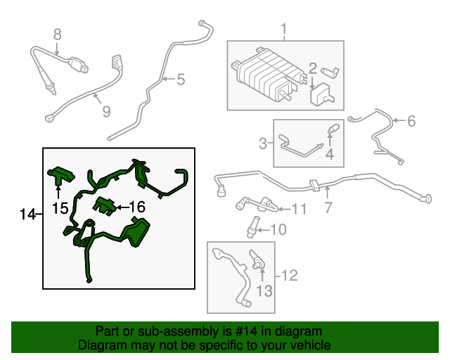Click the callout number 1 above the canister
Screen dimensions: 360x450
pos(285,30)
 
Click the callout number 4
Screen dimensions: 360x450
pos(328,154)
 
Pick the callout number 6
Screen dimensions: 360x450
pos(411,121)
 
